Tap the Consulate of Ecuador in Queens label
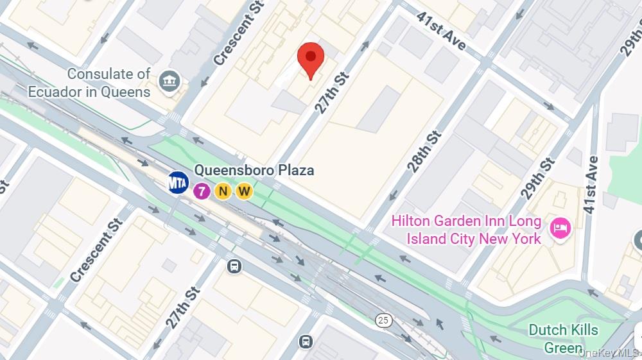pos(90,83)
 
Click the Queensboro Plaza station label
pos(254,171)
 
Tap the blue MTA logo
pos(178,183)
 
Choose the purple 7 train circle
pos(202,191)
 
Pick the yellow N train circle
pos(223,191)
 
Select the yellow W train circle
pos(244,191)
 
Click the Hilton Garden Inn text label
pos(467,230)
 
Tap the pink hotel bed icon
pos(560,228)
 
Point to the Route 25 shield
pos(384,320)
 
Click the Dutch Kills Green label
pos(563,338)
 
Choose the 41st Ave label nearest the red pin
pos(440,30)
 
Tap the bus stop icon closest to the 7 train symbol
pos(234,266)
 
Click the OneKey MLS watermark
pos(609,353)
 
